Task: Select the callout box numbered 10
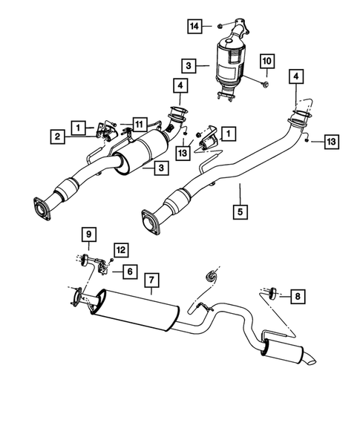pos(266,60)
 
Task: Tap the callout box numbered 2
pos(56,136)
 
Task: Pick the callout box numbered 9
pos(128,272)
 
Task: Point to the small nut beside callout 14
pos(221,26)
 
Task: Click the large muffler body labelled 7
pos(137,309)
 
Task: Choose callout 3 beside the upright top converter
pos(190,67)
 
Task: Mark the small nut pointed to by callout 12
pos(109,259)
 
